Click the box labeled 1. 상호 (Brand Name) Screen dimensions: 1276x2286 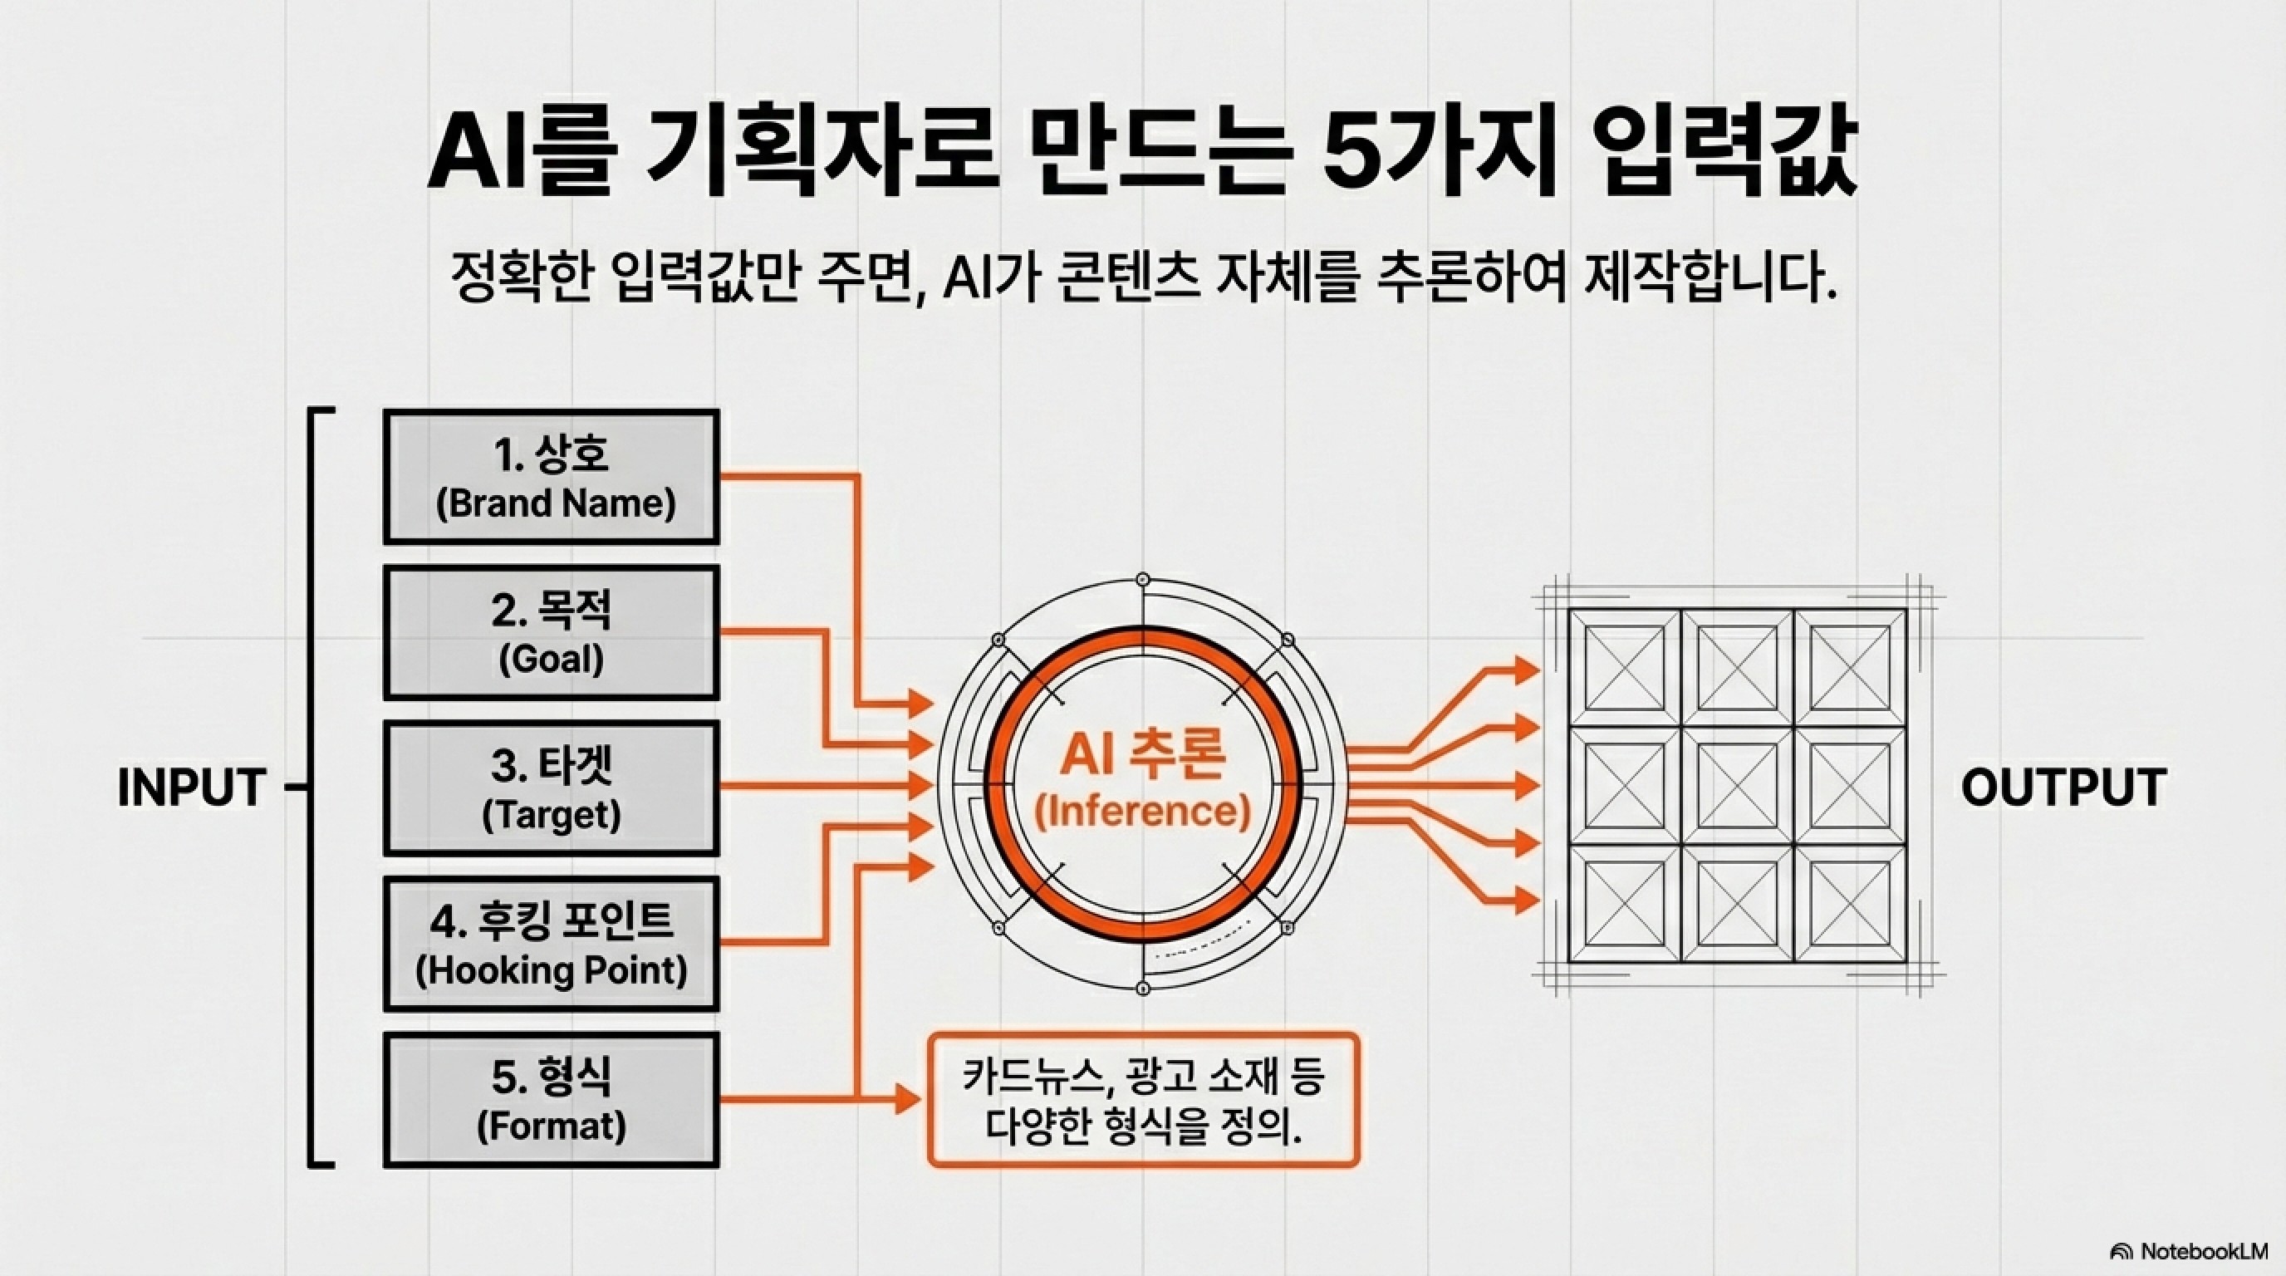pyautogui.click(x=551, y=478)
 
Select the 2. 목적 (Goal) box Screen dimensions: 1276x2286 pyautogui.click(x=551, y=633)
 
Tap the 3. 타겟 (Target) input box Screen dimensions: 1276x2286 pyautogui.click(x=551, y=788)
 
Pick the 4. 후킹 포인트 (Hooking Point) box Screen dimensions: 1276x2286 pyautogui.click(x=551, y=945)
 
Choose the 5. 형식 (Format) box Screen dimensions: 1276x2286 pyautogui.click(x=551, y=1099)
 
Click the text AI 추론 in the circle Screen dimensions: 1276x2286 pyautogui.click(x=1143, y=755)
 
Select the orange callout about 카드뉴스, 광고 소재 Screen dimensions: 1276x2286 pyautogui.click(x=1143, y=1099)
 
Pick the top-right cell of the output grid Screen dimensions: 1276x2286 pyautogui.click(x=1849, y=667)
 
